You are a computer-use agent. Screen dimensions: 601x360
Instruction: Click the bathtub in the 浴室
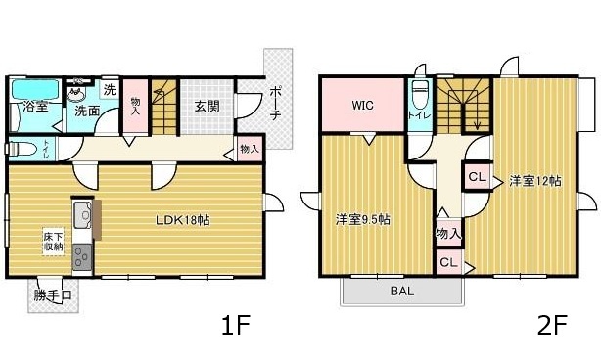[x=36, y=90]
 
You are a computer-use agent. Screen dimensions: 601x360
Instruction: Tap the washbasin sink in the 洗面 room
[x=76, y=93]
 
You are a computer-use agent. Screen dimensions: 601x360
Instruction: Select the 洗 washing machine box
[x=110, y=90]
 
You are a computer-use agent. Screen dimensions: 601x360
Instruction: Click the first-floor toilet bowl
[x=21, y=149]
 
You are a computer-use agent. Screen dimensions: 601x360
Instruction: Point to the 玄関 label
[x=208, y=106]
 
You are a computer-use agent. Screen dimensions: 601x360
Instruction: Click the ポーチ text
[x=275, y=104]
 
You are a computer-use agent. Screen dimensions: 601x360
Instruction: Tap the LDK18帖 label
[x=182, y=220]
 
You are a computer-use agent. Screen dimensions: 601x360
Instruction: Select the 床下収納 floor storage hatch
[x=53, y=242]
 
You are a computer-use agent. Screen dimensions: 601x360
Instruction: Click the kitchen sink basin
[x=82, y=215]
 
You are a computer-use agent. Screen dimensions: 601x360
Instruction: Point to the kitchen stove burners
[x=82, y=257]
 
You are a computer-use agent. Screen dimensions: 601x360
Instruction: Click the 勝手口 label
[x=53, y=295]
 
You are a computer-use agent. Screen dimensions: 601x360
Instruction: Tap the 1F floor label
[x=236, y=325]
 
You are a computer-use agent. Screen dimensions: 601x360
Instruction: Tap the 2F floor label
[x=552, y=325]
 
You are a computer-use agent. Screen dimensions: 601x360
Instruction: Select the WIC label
[x=362, y=105]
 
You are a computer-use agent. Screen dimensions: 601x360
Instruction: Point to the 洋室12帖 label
[x=535, y=180]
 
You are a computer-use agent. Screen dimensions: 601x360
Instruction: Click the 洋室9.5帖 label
[x=362, y=219]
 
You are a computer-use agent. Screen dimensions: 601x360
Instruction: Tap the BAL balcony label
[x=402, y=292]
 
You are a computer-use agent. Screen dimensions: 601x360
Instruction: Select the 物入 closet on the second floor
[x=449, y=233]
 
